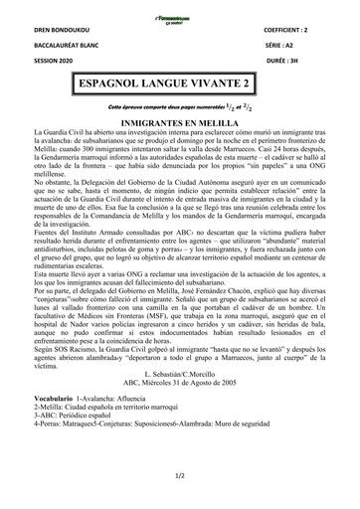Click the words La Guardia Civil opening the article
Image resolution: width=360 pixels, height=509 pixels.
coord(59,130)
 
